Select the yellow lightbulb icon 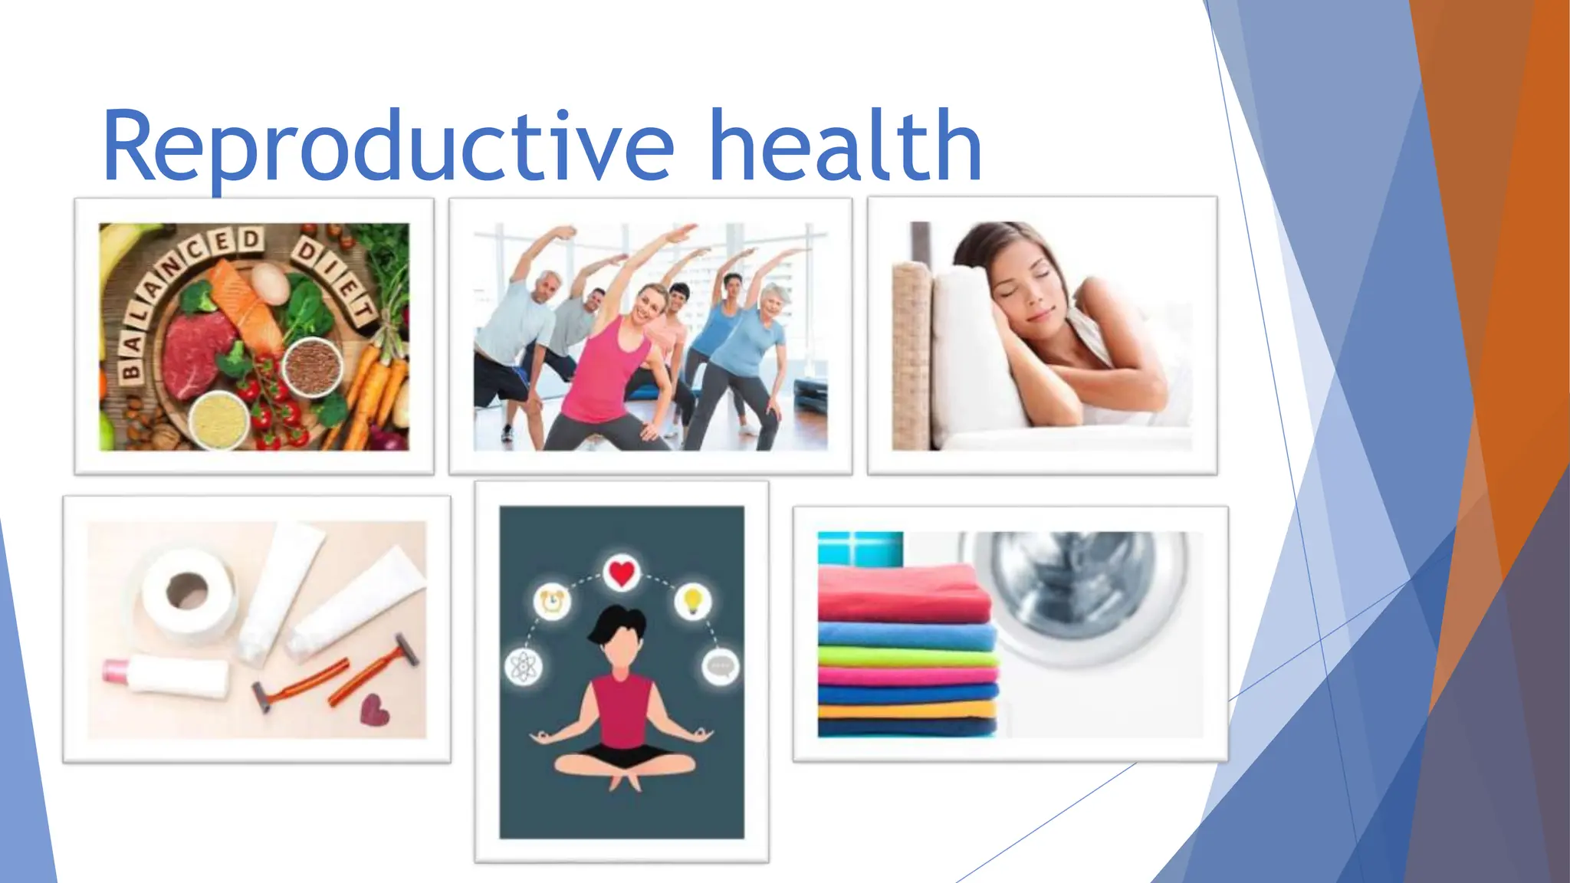tap(693, 599)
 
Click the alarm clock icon tap(552, 601)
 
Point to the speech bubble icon tap(721, 666)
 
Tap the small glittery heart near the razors tap(375, 710)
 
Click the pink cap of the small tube tap(116, 670)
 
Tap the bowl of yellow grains tap(219, 420)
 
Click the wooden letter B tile tap(130, 373)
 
